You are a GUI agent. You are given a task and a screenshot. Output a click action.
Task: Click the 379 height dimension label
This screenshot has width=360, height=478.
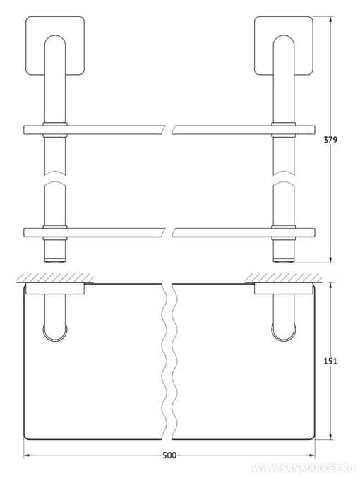331,140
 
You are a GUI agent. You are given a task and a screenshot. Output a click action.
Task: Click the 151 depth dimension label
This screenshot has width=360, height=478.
330,361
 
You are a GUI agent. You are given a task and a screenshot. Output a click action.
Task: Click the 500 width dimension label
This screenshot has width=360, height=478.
169,455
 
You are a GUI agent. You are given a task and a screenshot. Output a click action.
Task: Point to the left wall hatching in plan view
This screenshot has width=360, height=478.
55,278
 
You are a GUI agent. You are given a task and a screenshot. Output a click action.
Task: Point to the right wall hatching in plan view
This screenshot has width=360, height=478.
284,278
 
